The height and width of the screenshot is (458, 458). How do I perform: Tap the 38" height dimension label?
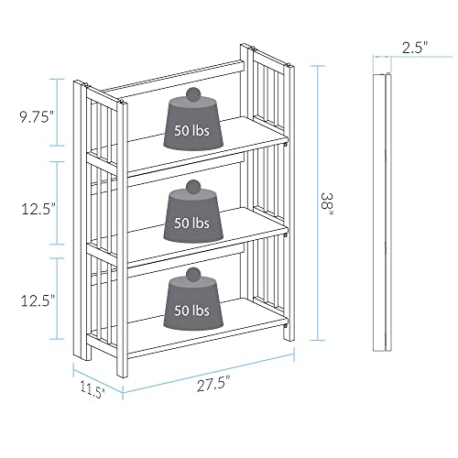326,202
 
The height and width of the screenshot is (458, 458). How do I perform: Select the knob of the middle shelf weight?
193,187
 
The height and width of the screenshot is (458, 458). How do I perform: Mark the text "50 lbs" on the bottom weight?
191,311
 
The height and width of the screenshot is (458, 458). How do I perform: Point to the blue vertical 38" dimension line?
315,202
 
